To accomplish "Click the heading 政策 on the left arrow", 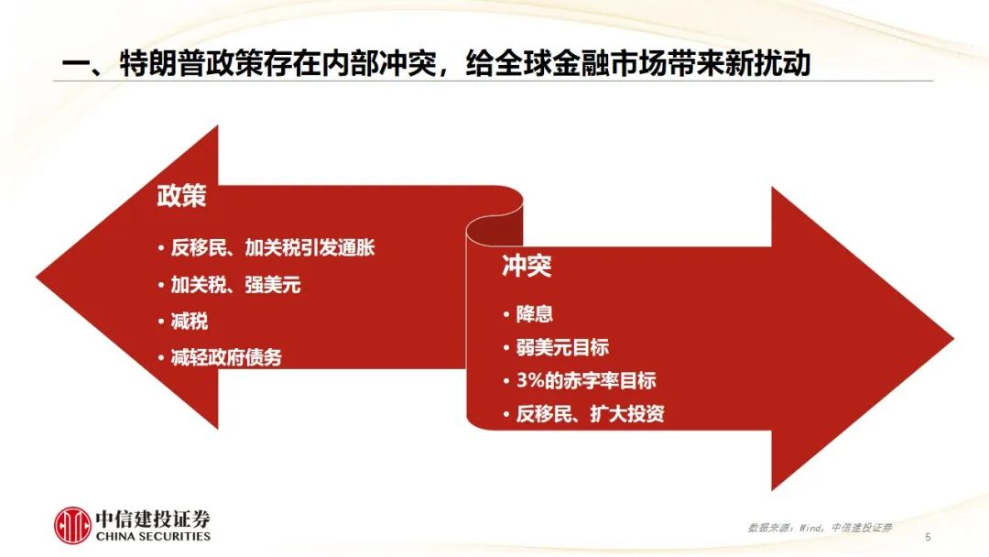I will pos(181,196).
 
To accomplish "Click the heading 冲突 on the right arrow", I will pos(527,267).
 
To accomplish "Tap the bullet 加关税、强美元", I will pos(235,285).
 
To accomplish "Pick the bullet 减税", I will pos(190,321).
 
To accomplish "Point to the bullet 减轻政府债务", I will pos(226,357).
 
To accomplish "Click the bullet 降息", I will pos(535,314).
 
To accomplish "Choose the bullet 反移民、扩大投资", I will pos(590,414).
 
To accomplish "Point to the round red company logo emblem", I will pos(72,525).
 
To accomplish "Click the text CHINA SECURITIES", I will pos(153,536).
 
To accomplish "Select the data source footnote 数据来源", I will pos(819,528).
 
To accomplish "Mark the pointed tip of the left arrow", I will pos(38,277).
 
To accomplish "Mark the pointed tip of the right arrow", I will pos(950,339).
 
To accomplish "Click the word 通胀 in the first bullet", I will pos(359,247).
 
